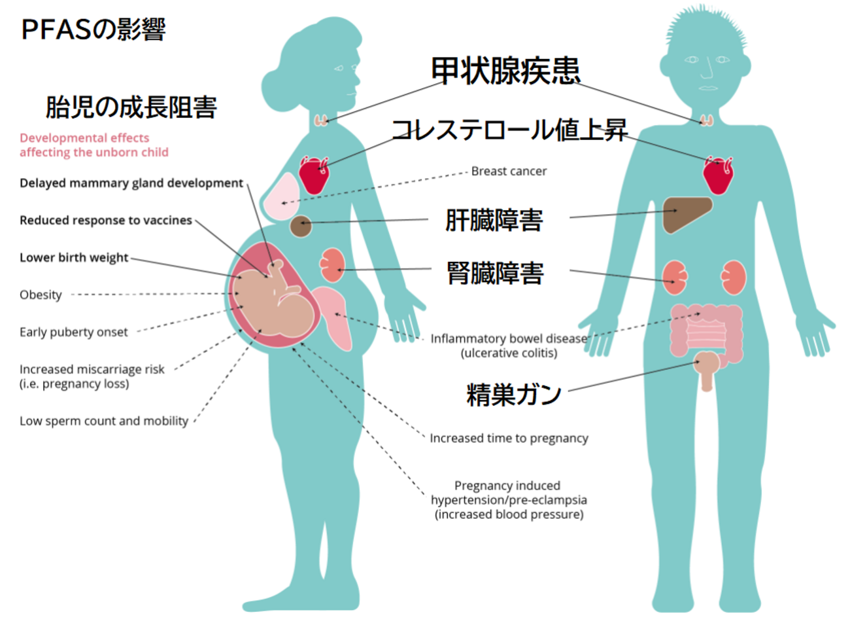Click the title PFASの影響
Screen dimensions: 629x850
click(93, 29)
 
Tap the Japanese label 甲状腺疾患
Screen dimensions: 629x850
click(505, 71)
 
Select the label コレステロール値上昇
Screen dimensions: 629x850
click(509, 130)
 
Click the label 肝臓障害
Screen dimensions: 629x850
click(494, 220)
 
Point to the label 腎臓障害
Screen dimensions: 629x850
click(494, 272)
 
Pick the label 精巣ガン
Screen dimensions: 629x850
click(513, 394)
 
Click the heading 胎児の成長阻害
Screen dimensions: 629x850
click(131, 107)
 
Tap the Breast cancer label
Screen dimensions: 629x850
click(509, 171)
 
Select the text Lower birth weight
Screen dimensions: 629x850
click(74, 257)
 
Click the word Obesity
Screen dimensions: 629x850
click(41, 295)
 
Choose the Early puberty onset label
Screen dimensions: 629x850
click(74, 332)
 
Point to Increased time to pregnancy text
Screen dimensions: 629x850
click(509, 438)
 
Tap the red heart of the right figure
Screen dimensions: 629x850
click(718, 175)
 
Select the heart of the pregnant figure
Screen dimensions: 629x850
click(314, 174)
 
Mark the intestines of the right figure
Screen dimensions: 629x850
click(706, 331)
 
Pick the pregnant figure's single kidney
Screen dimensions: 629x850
click(332, 265)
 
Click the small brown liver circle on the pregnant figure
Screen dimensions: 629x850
click(301, 226)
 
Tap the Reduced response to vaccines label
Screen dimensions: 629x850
click(106, 220)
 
